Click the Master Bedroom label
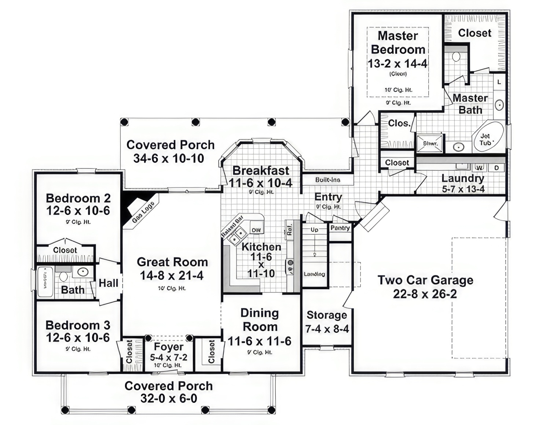coord(398,42)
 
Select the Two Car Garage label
coord(425,280)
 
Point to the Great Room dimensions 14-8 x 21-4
coord(172,276)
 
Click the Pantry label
coord(340,228)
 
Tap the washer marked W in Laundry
coord(479,168)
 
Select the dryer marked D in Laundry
coord(497,168)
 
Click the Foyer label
coord(169,347)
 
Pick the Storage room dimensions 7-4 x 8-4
coord(327,329)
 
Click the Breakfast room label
coord(261,170)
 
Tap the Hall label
coord(109,283)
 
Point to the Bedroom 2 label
coord(78,198)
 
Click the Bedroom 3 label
coord(78,325)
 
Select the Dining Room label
coord(260,320)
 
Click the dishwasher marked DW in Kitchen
coord(256,230)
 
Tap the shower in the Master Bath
coord(430,144)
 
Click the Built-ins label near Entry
coord(328,180)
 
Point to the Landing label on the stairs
coord(314,274)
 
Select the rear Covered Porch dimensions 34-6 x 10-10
coord(169,159)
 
